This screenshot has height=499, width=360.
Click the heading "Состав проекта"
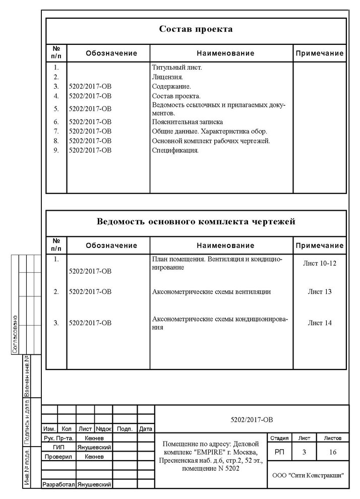pyautogui.click(x=196, y=29)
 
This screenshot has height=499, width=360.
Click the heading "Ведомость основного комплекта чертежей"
pyautogui.click(x=196, y=222)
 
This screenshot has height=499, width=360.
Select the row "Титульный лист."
pyautogui.click(x=177, y=67)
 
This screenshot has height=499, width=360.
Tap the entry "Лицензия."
pyautogui.click(x=167, y=77)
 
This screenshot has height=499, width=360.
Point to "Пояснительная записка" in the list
pyautogui.click(x=187, y=121)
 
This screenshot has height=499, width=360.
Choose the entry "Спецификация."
pyautogui.click(x=175, y=150)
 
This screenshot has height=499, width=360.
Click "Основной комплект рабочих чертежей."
pyautogui.click(x=211, y=141)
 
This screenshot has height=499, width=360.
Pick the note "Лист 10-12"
pyautogui.click(x=320, y=263)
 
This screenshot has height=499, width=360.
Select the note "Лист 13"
pyautogui.click(x=320, y=291)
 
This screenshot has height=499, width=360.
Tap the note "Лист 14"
pyautogui.click(x=320, y=323)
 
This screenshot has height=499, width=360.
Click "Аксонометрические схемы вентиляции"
pyautogui.click(x=211, y=291)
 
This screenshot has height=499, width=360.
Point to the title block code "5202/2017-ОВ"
pyautogui.click(x=252, y=419)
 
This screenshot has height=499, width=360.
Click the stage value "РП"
pyautogui.click(x=279, y=453)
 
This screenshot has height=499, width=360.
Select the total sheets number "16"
pyautogui.click(x=333, y=453)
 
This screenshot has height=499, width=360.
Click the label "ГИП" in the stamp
pyautogui.click(x=58, y=447)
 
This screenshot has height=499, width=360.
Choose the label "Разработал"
pyautogui.click(x=58, y=484)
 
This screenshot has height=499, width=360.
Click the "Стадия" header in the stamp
pyautogui.click(x=279, y=438)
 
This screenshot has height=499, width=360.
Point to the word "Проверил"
pyautogui.click(x=58, y=457)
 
